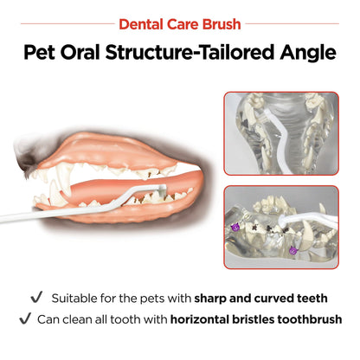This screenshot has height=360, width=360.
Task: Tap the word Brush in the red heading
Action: point(221,23)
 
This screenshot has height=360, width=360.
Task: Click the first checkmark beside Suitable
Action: point(36,297)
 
